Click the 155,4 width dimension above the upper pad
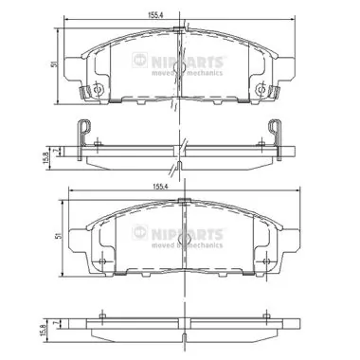[x=180, y=14]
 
